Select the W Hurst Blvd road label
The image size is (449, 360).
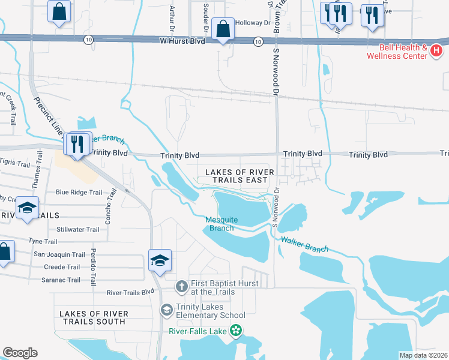pos(182,41)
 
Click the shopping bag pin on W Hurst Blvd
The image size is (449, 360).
pos(223,29)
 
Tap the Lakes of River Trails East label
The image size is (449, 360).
pos(240,176)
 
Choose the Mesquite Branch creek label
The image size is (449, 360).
pos(220,224)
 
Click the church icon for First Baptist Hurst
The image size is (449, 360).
pos(182,287)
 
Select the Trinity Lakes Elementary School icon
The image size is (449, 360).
pos(166,310)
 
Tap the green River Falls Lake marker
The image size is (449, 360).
pos(236,329)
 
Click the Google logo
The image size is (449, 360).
pos(20,352)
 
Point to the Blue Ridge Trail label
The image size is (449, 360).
pos(79,193)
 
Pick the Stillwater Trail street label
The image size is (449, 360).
pos(77,230)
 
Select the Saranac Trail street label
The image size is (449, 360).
pos(60,280)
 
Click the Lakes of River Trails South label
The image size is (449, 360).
pos(93,317)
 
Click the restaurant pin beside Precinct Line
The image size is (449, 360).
pos(77,145)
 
